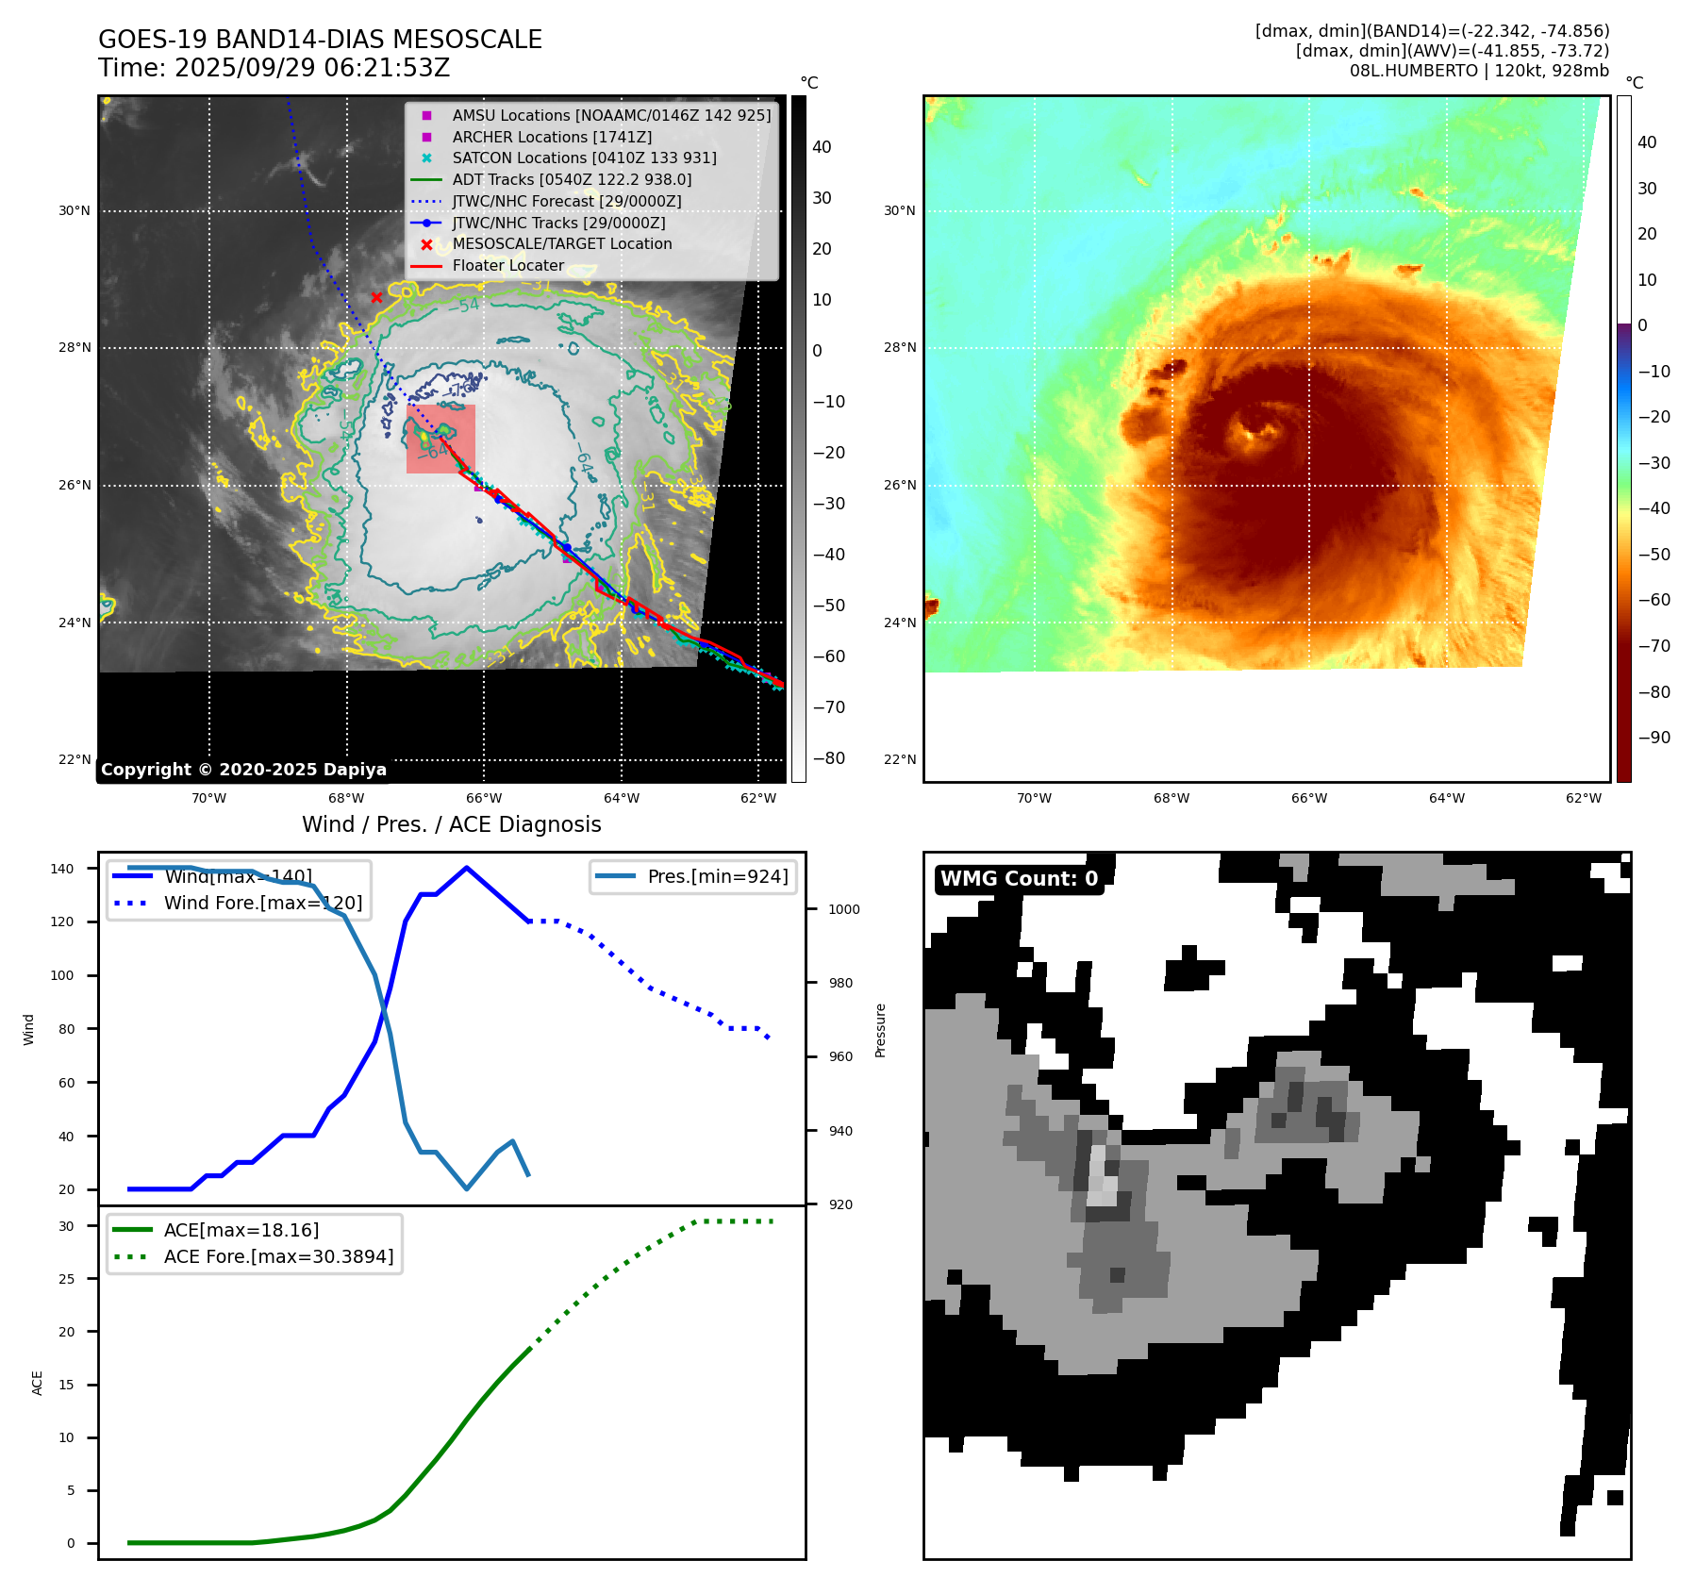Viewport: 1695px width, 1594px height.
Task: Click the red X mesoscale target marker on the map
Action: coord(376,297)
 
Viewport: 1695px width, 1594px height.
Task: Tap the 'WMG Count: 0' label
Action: coord(1019,879)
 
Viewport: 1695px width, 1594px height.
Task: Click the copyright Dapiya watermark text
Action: coord(243,770)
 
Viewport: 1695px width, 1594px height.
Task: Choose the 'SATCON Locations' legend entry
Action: coord(584,158)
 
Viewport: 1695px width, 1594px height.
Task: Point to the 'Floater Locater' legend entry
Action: coord(507,265)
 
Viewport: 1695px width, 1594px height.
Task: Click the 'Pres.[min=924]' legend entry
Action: coord(717,876)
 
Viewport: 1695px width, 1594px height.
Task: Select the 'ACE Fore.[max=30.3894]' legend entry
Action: coord(278,1256)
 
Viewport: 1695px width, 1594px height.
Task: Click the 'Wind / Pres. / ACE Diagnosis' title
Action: coord(451,824)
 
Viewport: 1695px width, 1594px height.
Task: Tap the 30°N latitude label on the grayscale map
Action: coord(75,210)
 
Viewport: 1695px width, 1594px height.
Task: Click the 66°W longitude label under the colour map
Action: coord(1308,798)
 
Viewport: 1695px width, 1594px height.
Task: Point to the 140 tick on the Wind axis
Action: coord(62,869)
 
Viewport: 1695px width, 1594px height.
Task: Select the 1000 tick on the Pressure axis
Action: coord(843,909)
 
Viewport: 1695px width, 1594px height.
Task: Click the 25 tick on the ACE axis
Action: coord(66,1279)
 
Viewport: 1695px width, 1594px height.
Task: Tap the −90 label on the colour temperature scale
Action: coord(1653,738)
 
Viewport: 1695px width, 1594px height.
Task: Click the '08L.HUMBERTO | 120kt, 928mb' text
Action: coord(1478,71)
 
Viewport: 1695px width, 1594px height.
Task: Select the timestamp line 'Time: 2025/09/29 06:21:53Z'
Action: coord(274,68)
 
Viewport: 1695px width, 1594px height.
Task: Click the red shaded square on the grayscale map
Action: coord(440,439)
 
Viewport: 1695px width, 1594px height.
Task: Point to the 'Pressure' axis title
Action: coord(880,1030)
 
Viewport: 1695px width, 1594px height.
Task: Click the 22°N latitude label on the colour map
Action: coord(900,759)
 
